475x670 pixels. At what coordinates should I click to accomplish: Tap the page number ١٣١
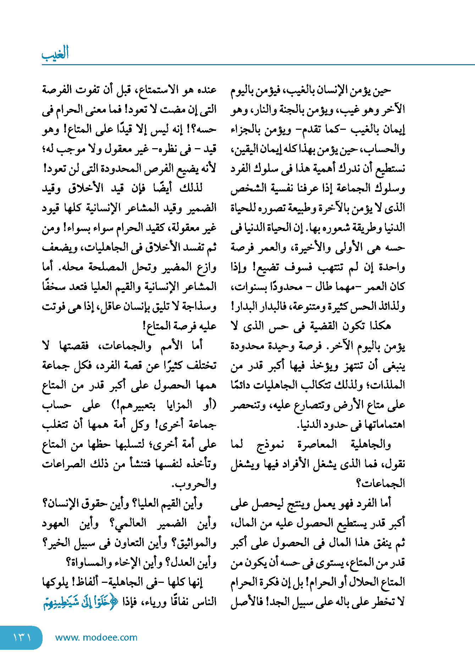[22, 637]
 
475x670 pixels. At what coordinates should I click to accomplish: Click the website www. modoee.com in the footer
[96, 637]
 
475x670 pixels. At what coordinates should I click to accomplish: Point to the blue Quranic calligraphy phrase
[80, 602]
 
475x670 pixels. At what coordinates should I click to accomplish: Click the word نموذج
[270, 444]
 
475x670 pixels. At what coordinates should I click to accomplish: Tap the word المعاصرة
[317, 443]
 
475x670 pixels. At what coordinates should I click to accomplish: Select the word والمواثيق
[194, 543]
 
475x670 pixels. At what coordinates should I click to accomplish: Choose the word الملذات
[386, 385]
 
